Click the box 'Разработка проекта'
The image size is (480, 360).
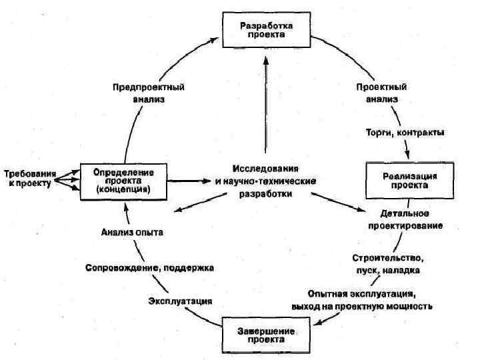point(265,31)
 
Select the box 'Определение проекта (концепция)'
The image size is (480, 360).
point(123,180)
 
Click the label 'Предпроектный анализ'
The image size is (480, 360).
point(149,93)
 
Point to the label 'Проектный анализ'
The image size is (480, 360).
point(381,93)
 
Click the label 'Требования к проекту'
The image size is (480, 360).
point(27,178)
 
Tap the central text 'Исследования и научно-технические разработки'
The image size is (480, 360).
point(265,180)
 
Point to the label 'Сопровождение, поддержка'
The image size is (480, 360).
point(149,268)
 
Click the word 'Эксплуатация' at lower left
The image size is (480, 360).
point(180,301)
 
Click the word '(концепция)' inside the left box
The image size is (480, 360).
point(123,189)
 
